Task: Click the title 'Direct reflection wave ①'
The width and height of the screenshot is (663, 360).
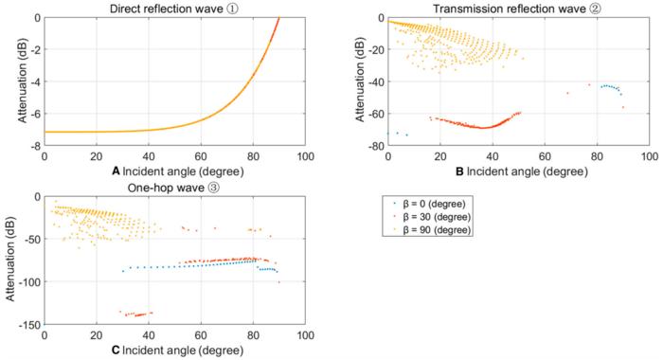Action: (174, 9)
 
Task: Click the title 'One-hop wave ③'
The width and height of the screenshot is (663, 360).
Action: (174, 188)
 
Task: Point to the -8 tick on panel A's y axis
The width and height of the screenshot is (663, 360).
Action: (34, 147)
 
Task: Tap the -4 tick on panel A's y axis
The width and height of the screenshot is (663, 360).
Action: (34, 82)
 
